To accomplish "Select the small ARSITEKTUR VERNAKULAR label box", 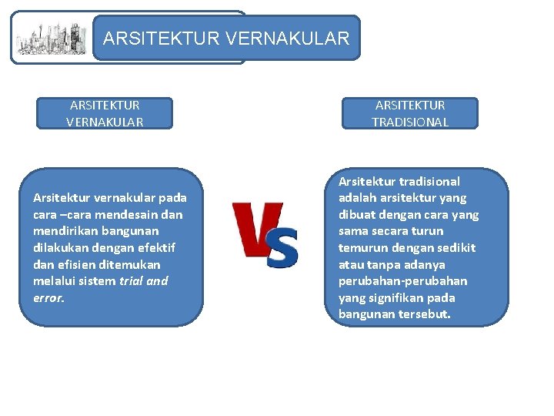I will coord(105,113).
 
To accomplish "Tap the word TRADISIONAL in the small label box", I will coord(410,122).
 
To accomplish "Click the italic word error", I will coord(48,297).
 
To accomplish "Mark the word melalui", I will coord(54,280).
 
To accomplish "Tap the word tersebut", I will coord(422,314).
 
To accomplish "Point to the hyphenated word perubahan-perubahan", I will coord(402,280).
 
